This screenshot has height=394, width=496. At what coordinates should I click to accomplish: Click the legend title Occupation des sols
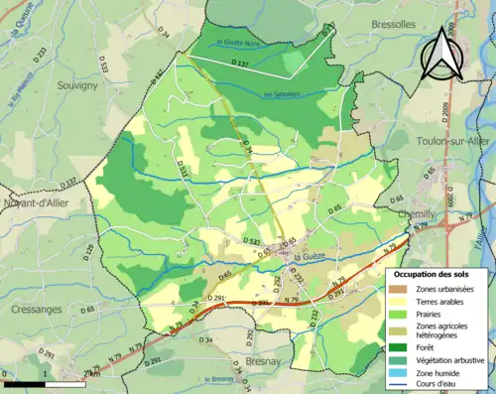coord(434,272)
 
